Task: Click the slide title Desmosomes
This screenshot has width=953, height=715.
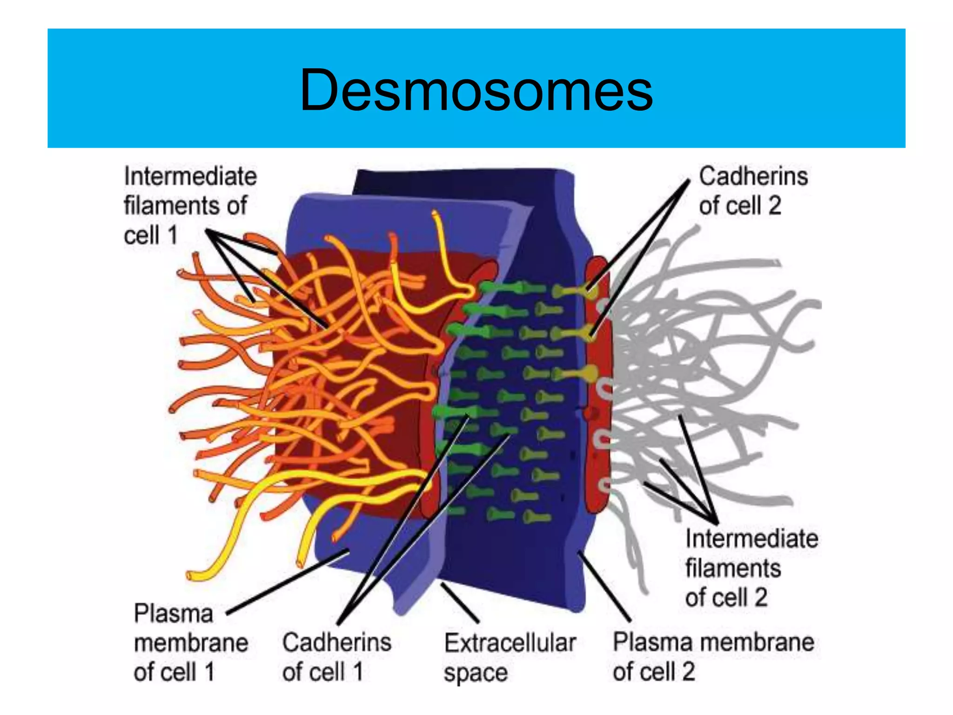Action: pyautogui.click(x=476, y=90)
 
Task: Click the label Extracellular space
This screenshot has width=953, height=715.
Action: pyautogui.click(x=510, y=657)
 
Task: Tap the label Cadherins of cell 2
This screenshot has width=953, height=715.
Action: pyautogui.click(x=753, y=191)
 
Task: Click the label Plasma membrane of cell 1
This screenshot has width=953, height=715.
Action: pyautogui.click(x=190, y=642)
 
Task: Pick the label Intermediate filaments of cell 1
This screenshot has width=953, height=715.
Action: pyautogui.click(x=189, y=205)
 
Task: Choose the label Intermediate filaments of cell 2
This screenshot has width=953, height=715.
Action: pyautogui.click(x=751, y=568)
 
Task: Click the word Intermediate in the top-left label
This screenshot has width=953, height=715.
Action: pyautogui.click(x=190, y=177)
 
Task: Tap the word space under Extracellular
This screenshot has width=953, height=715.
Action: pyautogui.click(x=475, y=673)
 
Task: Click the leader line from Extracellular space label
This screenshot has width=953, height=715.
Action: pyautogui.click(x=460, y=602)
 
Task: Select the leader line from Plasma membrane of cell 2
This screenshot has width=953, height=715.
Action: pyautogui.click(x=604, y=587)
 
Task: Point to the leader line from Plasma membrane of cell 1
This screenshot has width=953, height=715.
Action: pyautogui.click(x=289, y=582)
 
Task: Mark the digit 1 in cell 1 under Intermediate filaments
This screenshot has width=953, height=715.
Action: pyautogui.click(x=173, y=235)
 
